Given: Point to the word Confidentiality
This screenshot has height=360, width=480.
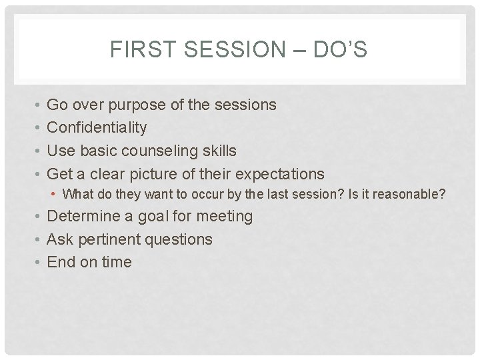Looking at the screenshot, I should [x=97, y=127].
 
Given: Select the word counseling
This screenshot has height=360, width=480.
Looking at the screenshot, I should [x=159, y=151].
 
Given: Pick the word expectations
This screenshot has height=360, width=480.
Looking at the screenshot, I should [x=278, y=174].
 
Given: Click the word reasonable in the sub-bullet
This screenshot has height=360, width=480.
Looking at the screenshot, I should [x=411, y=195].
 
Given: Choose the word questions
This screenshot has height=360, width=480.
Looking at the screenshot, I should [x=181, y=239].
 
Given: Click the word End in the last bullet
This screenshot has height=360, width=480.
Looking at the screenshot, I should [x=62, y=262].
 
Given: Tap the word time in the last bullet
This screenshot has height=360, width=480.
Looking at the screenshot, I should [x=117, y=262].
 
